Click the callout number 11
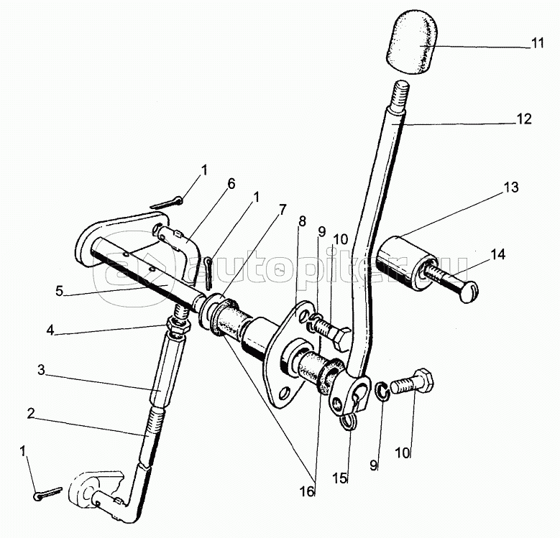click(538, 44)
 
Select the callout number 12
click(524, 119)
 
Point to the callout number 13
click(510, 189)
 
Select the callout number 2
click(31, 413)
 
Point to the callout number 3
click(42, 371)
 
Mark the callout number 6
click(231, 183)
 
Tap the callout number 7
click(283, 210)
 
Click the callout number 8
click(302, 221)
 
